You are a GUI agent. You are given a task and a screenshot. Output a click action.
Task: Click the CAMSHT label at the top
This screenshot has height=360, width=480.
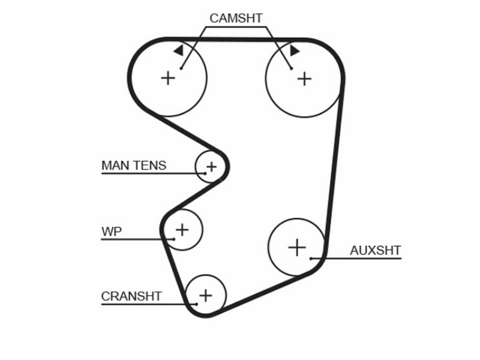point(236,19)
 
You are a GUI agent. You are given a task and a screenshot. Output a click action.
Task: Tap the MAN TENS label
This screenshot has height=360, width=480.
point(134,166)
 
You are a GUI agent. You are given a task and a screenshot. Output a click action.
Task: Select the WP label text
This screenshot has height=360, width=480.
point(112,232)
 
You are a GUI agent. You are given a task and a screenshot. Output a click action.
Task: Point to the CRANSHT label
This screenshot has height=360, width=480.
point(131,296)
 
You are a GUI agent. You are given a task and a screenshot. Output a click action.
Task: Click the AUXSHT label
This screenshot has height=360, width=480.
point(376,250)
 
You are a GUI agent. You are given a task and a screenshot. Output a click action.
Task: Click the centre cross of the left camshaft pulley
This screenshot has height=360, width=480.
point(168,78)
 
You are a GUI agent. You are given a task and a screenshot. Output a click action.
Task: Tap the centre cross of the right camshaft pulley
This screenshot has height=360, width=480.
point(304,79)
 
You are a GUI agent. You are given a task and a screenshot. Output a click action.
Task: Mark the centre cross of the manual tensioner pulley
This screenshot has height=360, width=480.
point(212,167)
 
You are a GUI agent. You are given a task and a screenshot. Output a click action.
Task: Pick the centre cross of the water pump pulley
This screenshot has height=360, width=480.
point(182,230)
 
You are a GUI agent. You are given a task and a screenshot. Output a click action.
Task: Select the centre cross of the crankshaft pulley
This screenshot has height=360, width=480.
point(206,295)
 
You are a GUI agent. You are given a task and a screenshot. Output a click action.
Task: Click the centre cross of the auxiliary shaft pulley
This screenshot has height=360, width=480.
point(297,247)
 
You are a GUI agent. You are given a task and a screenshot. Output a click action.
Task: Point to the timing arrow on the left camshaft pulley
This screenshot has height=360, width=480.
point(178,50)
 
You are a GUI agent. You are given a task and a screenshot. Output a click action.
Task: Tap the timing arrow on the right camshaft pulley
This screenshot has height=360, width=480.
point(295,50)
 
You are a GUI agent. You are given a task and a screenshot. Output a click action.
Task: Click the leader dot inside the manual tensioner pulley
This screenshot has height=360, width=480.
point(205,173)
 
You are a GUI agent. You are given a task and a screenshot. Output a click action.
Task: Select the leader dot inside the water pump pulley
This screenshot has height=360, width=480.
point(174,239)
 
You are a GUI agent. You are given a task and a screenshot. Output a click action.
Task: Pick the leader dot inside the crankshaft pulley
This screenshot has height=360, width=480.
point(197,304)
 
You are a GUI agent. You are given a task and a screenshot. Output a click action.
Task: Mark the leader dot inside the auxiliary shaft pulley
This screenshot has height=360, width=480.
point(311,259)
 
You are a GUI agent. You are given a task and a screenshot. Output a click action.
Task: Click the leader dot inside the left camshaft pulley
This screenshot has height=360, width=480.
point(181,68)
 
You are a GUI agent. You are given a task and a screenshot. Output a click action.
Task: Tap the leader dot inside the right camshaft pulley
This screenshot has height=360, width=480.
point(292,68)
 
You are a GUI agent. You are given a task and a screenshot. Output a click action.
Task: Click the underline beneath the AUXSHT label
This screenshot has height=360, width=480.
point(356,259)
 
